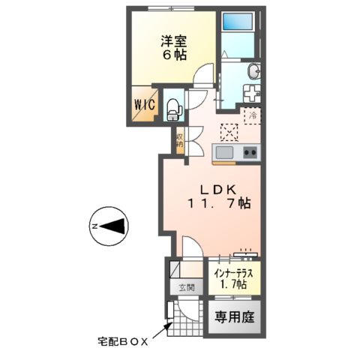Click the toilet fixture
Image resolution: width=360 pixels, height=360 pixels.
point(172,109)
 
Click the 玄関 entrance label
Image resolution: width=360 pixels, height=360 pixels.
point(185,287)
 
